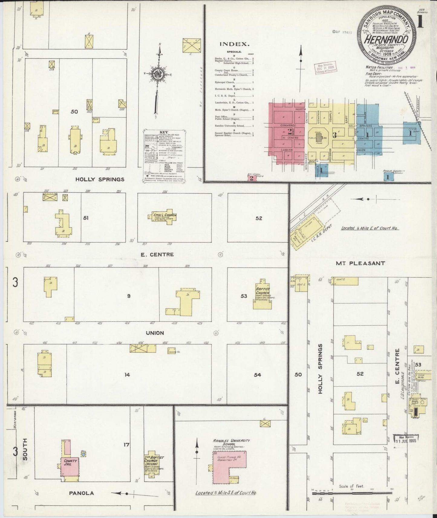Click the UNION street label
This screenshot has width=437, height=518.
(x=155, y=333)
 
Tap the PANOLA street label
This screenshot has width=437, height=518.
(x=81, y=493)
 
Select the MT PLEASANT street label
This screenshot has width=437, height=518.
(x=360, y=263)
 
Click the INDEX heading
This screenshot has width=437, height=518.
(x=234, y=44)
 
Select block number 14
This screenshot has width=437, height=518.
(x=127, y=375)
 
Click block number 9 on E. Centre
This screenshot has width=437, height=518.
(x=129, y=296)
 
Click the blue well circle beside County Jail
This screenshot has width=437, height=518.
(x=83, y=454)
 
